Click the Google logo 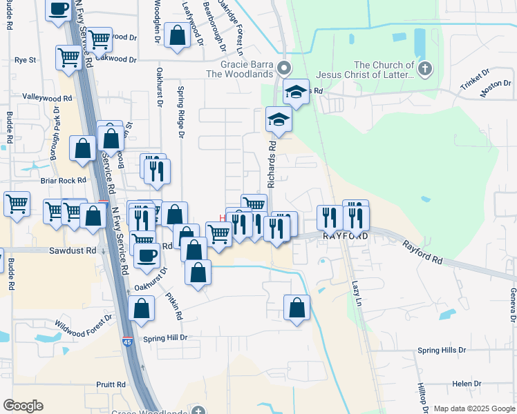click(23, 406)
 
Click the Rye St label click(25, 60)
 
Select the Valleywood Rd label click(48, 98)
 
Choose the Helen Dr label click(467, 384)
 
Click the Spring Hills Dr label click(442, 351)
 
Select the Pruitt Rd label click(111, 384)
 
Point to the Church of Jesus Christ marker click(424, 68)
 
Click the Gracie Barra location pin click(283, 68)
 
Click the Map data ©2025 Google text click(473, 408)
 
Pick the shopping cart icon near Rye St click(69, 59)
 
